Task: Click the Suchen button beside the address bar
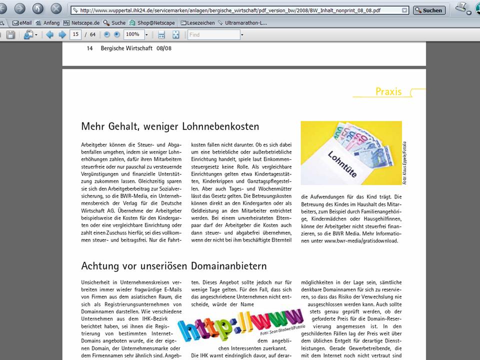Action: tap(429, 10)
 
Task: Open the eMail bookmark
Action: tap(22, 23)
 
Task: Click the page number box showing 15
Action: tap(76, 34)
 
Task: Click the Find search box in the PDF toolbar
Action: tap(213, 35)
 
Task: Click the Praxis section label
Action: tap(388, 91)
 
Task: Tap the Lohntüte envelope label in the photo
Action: tap(345, 165)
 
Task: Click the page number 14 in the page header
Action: tap(90, 48)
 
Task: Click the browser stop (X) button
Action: tap(56, 8)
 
